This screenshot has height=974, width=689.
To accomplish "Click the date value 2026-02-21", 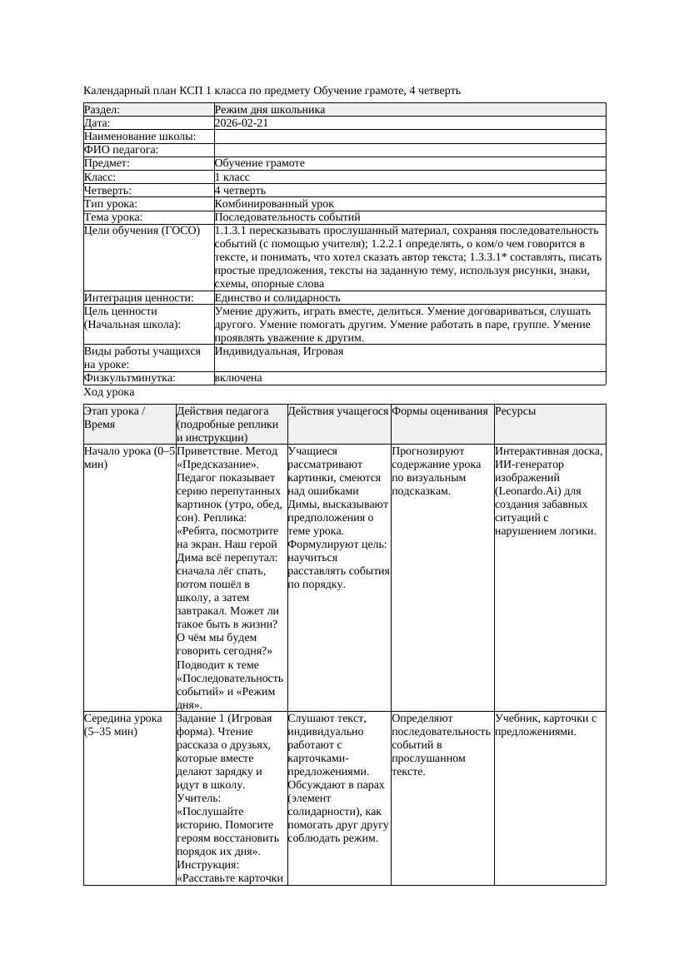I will click(241, 123).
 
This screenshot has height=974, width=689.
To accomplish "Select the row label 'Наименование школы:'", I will click(140, 137).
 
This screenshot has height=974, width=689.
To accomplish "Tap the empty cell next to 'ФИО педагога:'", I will click(408, 150).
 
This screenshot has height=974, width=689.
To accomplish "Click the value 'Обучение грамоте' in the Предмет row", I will click(259, 163).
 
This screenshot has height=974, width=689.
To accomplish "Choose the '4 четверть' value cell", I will click(240, 191).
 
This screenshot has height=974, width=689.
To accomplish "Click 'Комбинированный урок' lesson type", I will click(274, 204).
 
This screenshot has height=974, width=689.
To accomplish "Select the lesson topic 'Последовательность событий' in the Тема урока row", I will click(287, 217).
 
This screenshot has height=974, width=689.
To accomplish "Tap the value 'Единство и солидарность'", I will click(277, 297).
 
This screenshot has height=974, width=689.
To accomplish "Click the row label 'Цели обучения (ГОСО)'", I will click(142, 231).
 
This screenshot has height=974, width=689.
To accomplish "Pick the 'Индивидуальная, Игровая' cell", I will click(278, 351).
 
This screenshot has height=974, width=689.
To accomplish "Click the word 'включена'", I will click(237, 378).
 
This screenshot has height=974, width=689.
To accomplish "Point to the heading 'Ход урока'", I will click(109, 392).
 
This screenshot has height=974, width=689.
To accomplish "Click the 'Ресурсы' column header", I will click(516, 411).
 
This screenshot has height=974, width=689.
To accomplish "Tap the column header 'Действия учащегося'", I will click(338, 411).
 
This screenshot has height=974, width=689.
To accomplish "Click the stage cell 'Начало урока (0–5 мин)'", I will click(129, 458).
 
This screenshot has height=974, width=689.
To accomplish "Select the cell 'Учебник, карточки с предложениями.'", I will click(549, 725).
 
